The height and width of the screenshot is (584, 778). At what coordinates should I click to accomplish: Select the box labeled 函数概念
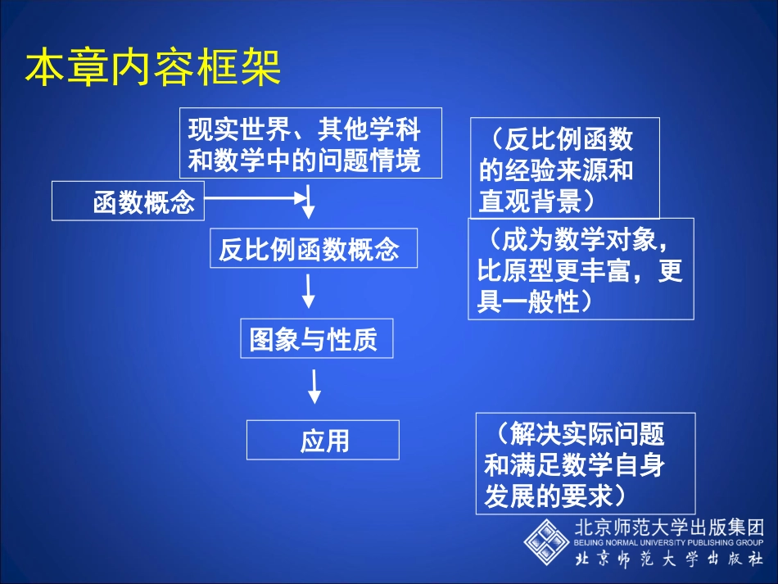(128, 201)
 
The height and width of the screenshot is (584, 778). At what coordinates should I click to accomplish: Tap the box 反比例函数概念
(313, 248)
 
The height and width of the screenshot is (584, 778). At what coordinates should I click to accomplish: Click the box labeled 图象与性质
(315, 338)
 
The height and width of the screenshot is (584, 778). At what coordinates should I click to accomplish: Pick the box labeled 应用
(323, 441)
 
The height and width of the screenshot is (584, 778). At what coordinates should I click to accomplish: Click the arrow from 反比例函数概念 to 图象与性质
(309, 291)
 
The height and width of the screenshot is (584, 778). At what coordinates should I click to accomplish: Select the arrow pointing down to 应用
(314, 386)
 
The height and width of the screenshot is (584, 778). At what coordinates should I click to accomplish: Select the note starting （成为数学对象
(581, 269)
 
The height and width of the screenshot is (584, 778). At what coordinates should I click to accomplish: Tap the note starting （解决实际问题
(585, 464)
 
